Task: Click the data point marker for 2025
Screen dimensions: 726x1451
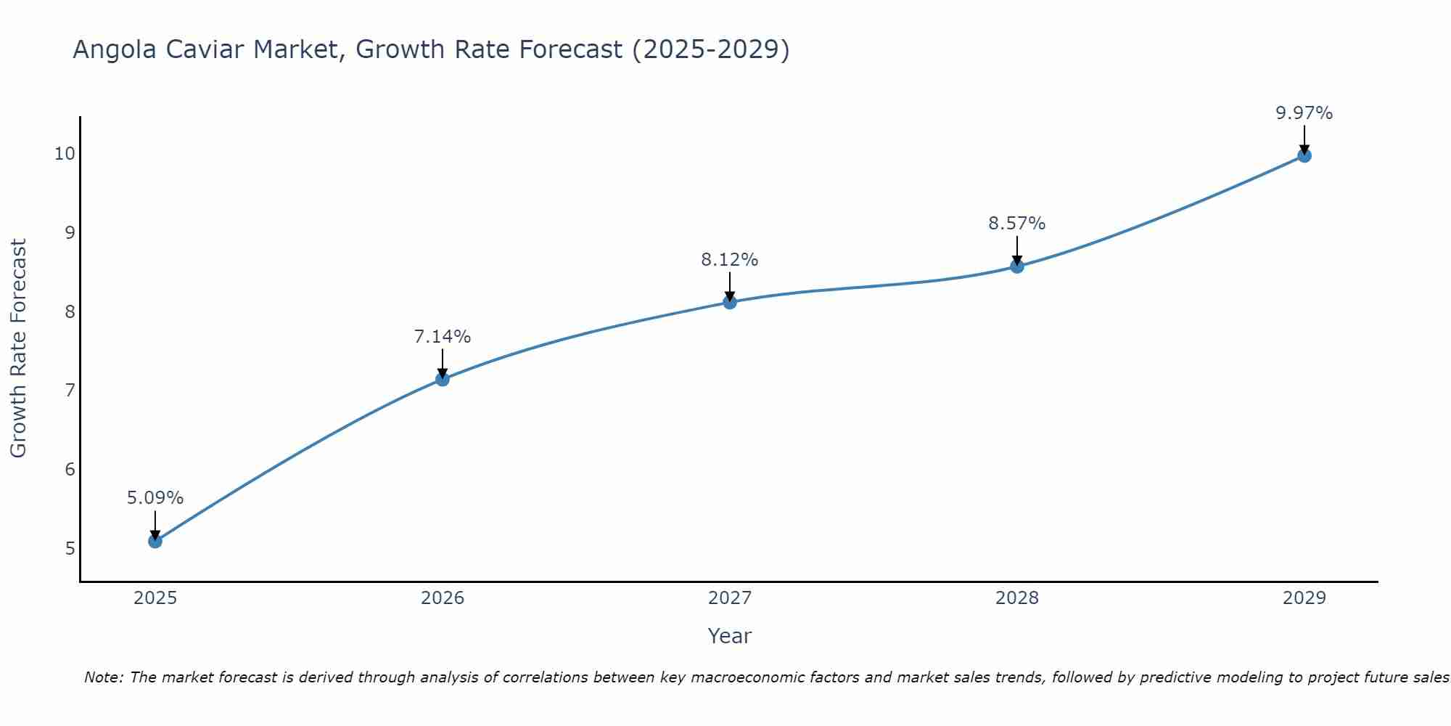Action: pos(155,541)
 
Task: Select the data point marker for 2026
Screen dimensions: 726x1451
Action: pos(443,379)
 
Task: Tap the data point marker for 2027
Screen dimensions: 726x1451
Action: pos(730,302)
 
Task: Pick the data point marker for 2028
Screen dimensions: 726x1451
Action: pos(1017,266)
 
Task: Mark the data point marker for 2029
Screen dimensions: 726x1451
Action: pos(1304,155)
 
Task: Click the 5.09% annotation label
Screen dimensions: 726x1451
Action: pos(155,498)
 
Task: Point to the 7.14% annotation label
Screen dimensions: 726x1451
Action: pos(443,337)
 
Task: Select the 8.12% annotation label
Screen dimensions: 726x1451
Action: pos(730,260)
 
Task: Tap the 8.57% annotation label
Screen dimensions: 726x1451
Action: pos(1017,224)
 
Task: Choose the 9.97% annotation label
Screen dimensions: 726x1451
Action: pos(1304,113)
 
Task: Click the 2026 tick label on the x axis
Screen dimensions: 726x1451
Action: pos(443,598)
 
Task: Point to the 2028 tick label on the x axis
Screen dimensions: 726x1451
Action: pos(1017,598)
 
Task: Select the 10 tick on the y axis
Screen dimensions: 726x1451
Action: pos(65,154)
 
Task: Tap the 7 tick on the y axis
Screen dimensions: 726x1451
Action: pos(70,391)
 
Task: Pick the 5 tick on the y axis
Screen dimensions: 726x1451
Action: pos(70,548)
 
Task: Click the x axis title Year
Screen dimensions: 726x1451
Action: pos(730,636)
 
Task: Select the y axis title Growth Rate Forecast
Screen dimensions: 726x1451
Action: pos(18,348)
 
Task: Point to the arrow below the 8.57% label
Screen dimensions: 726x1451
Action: pos(1017,250)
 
